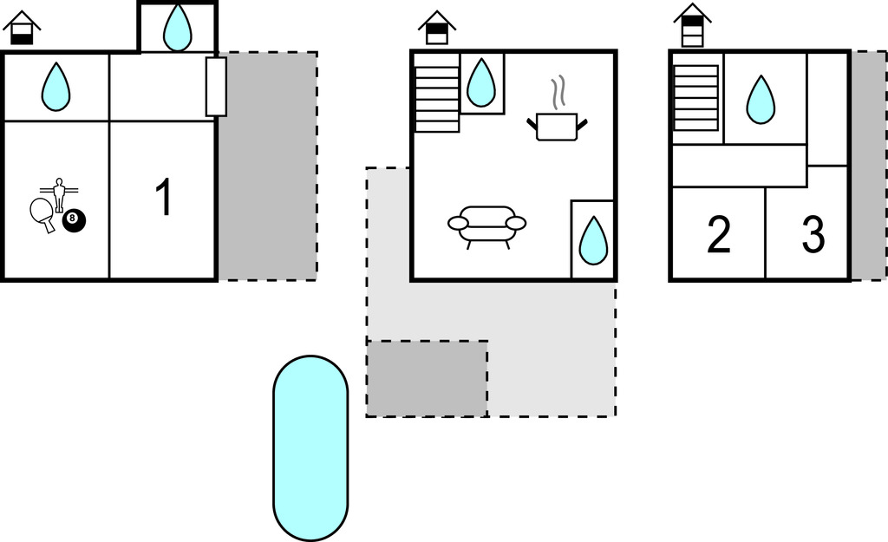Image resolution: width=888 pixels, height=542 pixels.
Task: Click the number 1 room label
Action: [x=163, y=197]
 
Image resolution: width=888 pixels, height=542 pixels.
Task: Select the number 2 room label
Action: [x=719, y=236]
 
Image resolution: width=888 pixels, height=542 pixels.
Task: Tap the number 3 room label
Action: [x=813, y=236]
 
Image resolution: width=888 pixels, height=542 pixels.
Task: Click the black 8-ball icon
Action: [x=74, y=221]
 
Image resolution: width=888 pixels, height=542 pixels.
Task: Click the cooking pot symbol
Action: [x=556, y=127]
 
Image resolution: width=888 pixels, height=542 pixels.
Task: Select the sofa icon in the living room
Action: [x=486, y=224]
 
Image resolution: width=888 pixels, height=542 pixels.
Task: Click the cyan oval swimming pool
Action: [x=310, y=447]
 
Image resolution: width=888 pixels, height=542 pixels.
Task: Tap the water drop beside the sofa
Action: [x=593, y=240]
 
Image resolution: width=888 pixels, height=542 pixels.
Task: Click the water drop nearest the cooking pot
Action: [x=481, y=83]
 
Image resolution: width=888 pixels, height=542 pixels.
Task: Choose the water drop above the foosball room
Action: [x=56, y=87]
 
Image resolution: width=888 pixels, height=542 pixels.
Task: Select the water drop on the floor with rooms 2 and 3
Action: [x=761, y=99]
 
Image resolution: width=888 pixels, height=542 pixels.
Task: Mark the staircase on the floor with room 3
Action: [x=695, y=97]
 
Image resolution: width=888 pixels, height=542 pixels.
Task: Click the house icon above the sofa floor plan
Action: [x=437, y=28]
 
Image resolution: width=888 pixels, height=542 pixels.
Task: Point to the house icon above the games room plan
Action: [x=22, y=28]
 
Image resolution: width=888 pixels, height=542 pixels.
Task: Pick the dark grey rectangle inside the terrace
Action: [x=427, y=378]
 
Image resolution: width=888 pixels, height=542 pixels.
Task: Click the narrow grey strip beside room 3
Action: [x=868, y=165]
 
